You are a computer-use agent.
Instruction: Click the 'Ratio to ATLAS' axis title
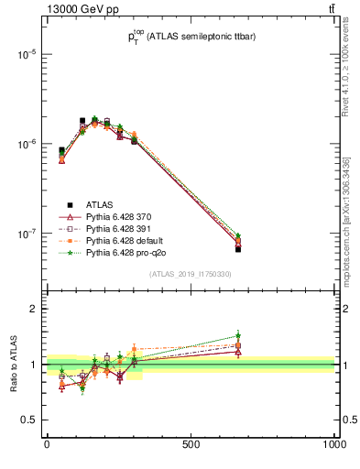pos(12,365)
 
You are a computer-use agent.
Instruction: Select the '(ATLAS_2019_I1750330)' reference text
pos(191,274)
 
